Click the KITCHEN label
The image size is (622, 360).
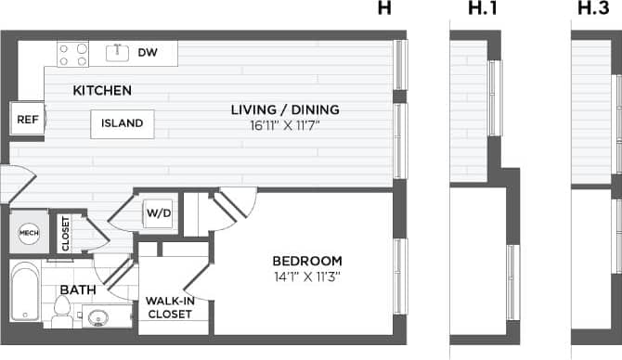[x=102, y=91]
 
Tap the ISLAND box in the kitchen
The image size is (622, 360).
[x=122, y=123]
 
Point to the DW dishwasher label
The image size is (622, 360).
[x=147, y=53]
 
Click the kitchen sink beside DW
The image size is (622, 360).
[x=117, y=53]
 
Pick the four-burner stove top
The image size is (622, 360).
[x=73, y=54]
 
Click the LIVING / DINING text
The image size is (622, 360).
[x=285, y=109]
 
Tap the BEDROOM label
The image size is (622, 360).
[x=307, y=261]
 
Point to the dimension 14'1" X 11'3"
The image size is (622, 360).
[x=307, y=276]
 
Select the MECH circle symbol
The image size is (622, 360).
[x=29, y=232]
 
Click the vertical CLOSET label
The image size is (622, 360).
[x=65, y=232]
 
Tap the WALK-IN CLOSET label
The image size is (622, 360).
[x=169, y=307]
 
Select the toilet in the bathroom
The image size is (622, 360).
[x=61, y=313]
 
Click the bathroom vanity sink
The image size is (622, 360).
[x=102, y=317]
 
